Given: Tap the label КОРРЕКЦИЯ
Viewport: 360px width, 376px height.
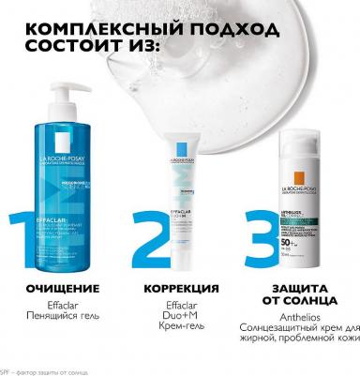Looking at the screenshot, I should pyautogui.click(x=182, y=286).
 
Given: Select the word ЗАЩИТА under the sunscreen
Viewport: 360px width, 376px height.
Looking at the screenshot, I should pyautogui.click(x=298, y=286).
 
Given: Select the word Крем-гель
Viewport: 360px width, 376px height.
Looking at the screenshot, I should pyautogui.click(x=182, y=329).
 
